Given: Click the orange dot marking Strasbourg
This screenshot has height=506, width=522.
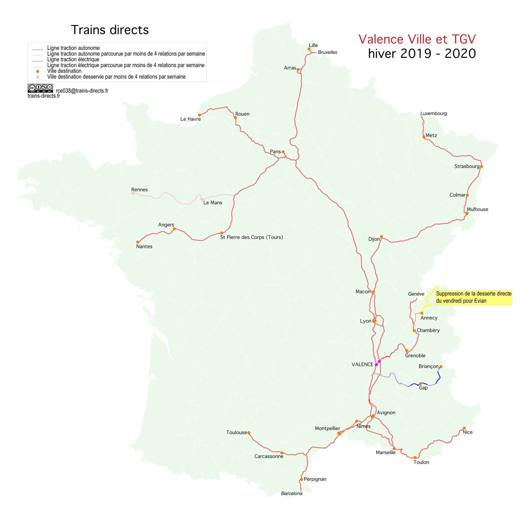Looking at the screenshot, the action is tap(481, 167).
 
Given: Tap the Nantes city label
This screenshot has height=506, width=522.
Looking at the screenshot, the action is tap(144, 246).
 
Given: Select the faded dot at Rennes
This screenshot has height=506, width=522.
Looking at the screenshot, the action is tap(133, 193).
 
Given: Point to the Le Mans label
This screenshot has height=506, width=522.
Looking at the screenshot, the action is tap(213, 203).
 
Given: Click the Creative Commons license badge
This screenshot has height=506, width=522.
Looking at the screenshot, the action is tap(40, 88).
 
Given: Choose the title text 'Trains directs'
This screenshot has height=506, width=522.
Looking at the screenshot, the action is tap(110, 30).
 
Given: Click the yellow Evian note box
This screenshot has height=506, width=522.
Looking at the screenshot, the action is tap(474, 297).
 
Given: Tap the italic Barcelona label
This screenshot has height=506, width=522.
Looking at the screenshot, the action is tap(292, 493).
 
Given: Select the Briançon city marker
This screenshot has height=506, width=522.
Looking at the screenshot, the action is tap(441, 367).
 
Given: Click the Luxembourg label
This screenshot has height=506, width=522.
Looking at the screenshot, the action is tap(434, 113).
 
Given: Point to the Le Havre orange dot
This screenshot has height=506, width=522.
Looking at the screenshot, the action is tap(200, 115).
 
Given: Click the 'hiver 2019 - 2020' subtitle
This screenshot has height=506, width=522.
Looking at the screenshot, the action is tap(422, 54).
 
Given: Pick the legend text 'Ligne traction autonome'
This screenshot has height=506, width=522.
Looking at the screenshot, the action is tap(73, 48).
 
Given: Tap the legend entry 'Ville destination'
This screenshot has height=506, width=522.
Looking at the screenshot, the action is tap(64, 71).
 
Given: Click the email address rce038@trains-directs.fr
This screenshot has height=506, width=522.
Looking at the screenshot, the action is tap(82, 91).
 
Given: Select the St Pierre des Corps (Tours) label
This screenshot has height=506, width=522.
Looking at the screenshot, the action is tap(251, 237).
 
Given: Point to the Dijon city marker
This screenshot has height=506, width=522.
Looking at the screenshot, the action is tap(381, 236).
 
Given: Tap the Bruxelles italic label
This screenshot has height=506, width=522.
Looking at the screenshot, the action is tap(327, 52).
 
